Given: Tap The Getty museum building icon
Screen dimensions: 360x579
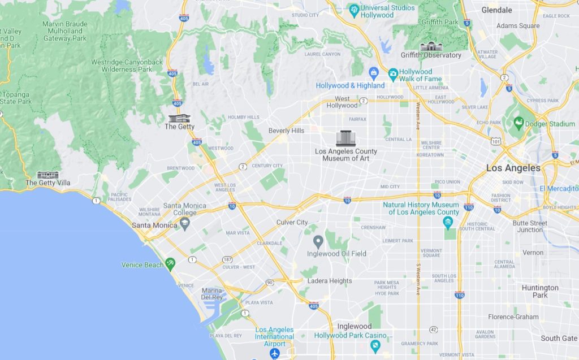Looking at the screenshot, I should tap(179, 118).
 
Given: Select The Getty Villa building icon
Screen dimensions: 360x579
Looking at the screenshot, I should tap(47, 175).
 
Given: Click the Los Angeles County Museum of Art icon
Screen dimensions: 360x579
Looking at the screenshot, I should tap(345, 138).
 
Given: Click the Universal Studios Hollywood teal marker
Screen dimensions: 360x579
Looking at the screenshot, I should tap(354, 9).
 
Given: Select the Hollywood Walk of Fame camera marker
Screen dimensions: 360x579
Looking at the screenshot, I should tap(393, 73).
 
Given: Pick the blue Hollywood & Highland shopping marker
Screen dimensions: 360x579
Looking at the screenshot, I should tap(373, 72).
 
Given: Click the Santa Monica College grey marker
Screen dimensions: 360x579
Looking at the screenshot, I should tap(184, 224).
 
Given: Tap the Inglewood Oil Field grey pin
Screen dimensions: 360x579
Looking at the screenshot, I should tap(318, 242).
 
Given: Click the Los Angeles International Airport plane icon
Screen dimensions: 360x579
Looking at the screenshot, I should tap(275, 353).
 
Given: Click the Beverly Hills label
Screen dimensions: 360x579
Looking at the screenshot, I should tap(286, 131).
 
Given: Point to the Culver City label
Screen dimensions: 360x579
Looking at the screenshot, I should tap(292, 223).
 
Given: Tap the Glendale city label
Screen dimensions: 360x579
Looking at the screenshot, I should tap(496, 10).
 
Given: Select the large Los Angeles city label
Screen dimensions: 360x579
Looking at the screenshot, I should tap(513, 168).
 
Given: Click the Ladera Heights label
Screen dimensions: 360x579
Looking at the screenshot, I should tap(330, 281).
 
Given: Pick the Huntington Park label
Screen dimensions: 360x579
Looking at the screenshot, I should tap(539, 291).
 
